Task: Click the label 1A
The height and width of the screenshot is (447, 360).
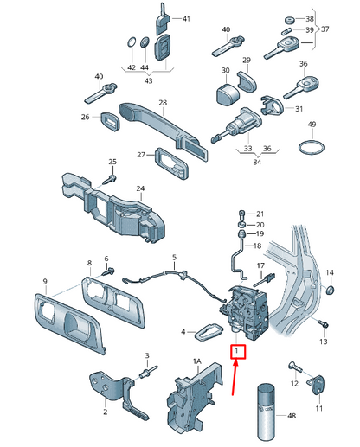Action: tap(197, 361)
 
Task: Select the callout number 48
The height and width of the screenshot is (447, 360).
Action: tap(290, 417)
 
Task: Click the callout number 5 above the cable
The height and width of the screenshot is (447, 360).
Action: tap(173, 257)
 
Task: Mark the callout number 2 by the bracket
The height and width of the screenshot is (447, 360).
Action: tap(105, 412)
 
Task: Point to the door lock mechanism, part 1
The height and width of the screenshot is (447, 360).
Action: tap(246, 307)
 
